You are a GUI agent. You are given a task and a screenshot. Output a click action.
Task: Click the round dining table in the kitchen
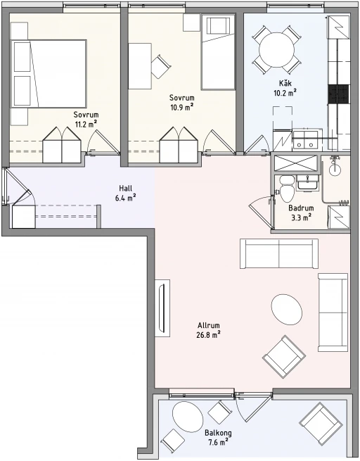[x=276, y=49]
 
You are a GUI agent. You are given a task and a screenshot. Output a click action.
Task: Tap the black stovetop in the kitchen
[x=339, y=94]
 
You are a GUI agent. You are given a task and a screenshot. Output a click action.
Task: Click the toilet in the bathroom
[x=287, y=189]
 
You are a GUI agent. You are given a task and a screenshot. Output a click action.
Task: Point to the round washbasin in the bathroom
[x=335, y=168]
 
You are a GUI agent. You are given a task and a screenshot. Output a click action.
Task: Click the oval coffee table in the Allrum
[x=287, y=310]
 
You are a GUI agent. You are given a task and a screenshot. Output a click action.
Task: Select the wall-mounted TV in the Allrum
[x=162, y=308]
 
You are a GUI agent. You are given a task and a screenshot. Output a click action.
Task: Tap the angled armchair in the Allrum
[x=284, y=357]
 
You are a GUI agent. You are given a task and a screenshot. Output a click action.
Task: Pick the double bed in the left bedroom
[x=49, y=74]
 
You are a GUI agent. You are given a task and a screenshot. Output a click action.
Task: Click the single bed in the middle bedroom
[x=218, y=52]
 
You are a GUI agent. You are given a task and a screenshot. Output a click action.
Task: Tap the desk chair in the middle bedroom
[x=160, y=66]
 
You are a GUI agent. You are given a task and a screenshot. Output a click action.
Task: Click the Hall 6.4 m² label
[x=125, y=193]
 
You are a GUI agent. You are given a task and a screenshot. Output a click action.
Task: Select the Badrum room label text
[x=301, y=208]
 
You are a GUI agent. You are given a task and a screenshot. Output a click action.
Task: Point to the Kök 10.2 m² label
[x=285, y=88]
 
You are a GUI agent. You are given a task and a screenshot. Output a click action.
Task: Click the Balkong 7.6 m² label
[x=218, y=438]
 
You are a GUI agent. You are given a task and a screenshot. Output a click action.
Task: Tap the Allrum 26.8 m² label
[x=209, y=330]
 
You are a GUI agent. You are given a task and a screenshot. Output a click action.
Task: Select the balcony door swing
[x=252, y=408]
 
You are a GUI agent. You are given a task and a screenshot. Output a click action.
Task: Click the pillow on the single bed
[x=218, y=26]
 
